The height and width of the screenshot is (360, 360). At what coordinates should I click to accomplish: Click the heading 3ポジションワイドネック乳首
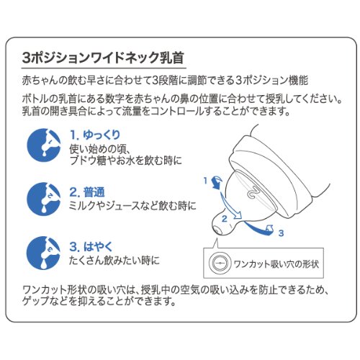pyautogui.click(x=103, y=58)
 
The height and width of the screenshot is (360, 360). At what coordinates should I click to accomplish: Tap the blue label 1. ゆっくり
pyautogui.click(x=95, y=135)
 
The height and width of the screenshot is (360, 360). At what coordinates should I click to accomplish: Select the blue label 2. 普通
pyautogui.click(x=87, y=192)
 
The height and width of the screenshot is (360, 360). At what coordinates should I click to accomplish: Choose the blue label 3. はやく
pyautogui.click(x=91, y=247)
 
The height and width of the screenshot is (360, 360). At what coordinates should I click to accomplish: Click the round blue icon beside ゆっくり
pyautogui.click(x=44, y=145)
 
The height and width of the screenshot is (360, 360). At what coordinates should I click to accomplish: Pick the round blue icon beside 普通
pyautogui.click(x=44, y=199)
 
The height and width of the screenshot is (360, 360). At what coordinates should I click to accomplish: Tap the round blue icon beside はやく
pyautogui.click(x=44, y=253)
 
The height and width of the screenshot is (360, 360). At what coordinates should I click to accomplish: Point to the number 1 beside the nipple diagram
pyautogui.click(x=205, y=180)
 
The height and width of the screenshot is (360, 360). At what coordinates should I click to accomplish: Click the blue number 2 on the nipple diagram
pyautogui.click(x=224, y=219)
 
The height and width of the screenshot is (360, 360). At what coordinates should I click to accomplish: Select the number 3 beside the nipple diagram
pyautogui.click(x=281, y=233)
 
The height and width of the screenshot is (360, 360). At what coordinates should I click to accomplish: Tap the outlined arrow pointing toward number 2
pyautogui.click(x=230, y=206)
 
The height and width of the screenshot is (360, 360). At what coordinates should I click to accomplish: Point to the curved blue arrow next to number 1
pyautogui.click(x=217, y=182)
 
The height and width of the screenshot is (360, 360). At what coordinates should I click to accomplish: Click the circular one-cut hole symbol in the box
pyautogui.click(x=220, y=263)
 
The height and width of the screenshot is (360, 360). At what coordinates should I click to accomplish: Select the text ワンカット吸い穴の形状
pyautogui.click(x=276, y=264)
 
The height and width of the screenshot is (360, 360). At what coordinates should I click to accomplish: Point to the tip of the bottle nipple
pyautogui.click(x=217, y=230)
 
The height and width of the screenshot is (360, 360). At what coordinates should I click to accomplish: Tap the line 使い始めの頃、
pyautogui.click(x=99, y=149)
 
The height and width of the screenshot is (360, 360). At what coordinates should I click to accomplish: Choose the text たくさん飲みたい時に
pyautogui.click(x=114, y=260)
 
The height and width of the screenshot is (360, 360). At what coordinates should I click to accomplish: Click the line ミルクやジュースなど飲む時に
pyautogui.click(x=132, y=206)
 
